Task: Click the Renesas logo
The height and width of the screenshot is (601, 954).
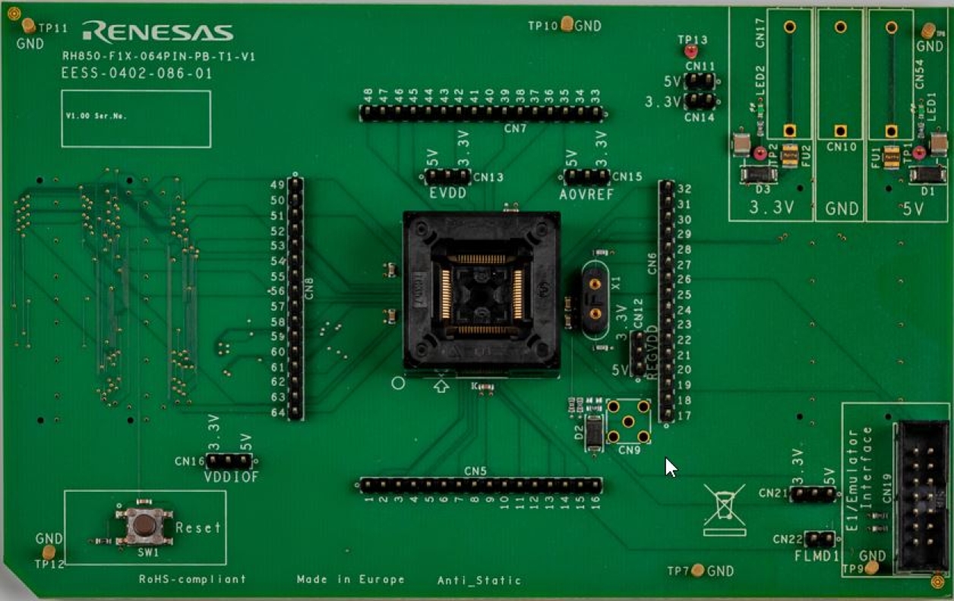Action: click(157, 32)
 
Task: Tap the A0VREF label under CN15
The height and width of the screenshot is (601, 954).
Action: click(586, 195)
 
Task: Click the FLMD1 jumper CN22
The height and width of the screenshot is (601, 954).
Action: click(819, 539)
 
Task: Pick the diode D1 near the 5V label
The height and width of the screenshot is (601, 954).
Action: click(927, 176)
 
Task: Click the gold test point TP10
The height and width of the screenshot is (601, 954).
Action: click(567, 24)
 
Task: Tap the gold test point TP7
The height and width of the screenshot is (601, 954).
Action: click(698, 571)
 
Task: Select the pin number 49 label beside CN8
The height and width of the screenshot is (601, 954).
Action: click(277, 185)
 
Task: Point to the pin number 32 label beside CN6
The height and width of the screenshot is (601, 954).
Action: click(684, 189)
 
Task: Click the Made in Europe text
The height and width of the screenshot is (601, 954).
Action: click(350, 580)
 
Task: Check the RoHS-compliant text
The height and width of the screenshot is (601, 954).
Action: click(192, 579)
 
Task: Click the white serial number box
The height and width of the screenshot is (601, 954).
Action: click(136, 119)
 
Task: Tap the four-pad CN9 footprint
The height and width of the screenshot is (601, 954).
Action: click(628, 421)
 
